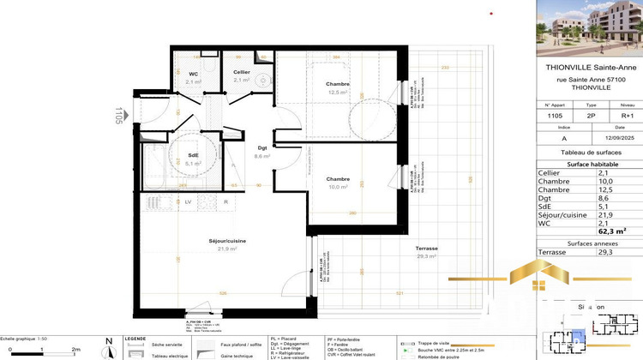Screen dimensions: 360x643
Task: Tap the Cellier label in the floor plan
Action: (242, 73)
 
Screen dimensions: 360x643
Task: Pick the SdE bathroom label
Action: (194, 157)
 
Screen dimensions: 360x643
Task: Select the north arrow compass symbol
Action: (108, 347)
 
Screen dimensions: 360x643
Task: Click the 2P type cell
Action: (590, 113)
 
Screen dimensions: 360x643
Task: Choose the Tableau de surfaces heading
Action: (589, 152)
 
